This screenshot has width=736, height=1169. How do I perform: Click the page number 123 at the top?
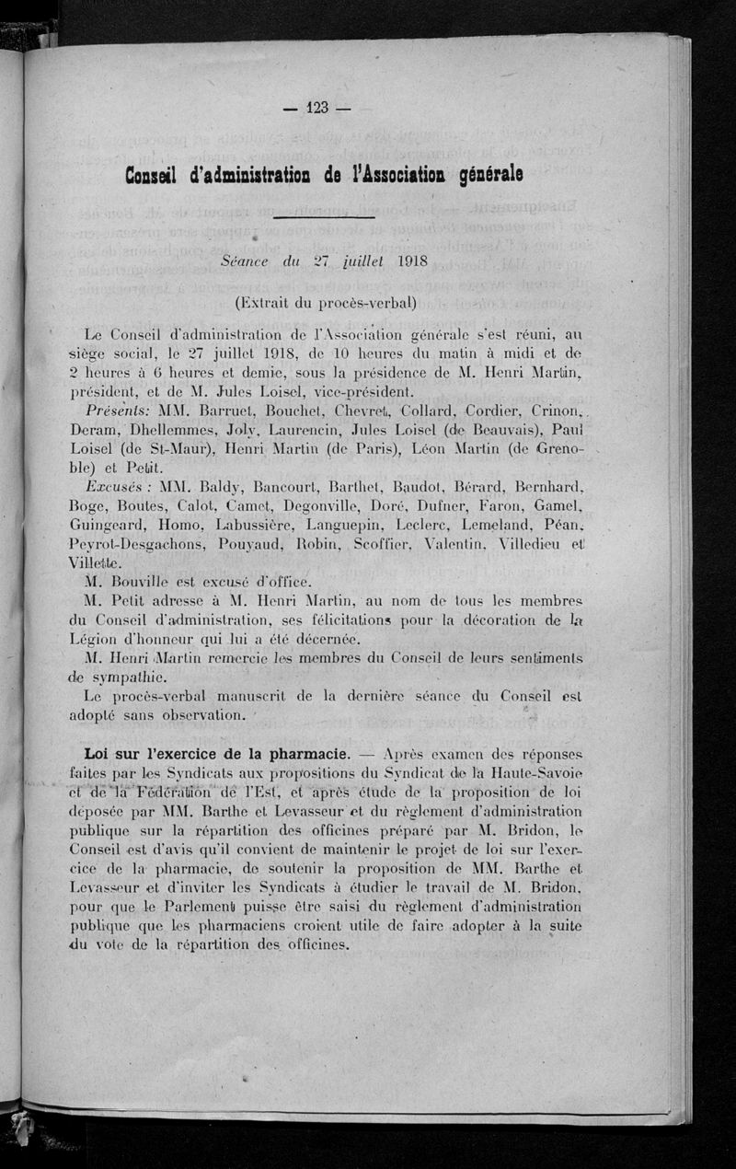click(x=318, y=108)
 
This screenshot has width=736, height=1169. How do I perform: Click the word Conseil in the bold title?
click(x=155, y=175)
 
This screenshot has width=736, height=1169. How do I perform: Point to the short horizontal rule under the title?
click(x=324, y=217)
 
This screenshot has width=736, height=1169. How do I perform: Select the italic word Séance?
click(x=244, y=261)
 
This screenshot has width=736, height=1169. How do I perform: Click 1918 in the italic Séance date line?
click(x=401, y=260)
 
